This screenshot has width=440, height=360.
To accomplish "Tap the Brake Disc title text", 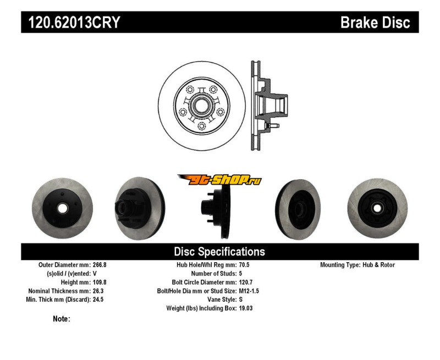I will click(375, 23).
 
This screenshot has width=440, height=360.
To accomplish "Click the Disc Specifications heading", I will click(219, 252).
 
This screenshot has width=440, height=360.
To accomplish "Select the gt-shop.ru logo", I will click(219, 180).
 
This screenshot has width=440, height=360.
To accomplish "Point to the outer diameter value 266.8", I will click(100, 265).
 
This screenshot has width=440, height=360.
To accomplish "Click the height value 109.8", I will click(100, 282).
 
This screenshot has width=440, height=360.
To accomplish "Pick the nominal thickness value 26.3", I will click(97, 291).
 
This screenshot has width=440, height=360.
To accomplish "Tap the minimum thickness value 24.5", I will click(97, 300).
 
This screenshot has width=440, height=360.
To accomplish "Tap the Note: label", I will click(62, 319).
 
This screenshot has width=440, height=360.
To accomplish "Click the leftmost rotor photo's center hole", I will click(62, 208).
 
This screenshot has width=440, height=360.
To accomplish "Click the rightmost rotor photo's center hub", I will click(376, 208).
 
